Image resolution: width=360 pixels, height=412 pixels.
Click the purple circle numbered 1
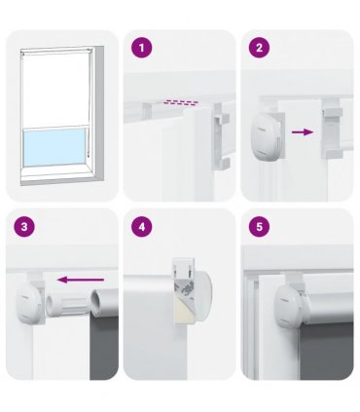tap(141, 48)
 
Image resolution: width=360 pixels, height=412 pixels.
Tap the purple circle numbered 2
tap(259, 48)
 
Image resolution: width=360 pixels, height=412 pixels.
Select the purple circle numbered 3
tap(24, 227)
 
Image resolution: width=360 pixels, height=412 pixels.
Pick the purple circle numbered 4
tap(141, 227)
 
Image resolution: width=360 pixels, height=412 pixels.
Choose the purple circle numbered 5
tap(259, 227)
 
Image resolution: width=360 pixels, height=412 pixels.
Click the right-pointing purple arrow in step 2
tap(303, 132)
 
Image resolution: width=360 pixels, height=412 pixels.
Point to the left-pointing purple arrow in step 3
tap(81, 280)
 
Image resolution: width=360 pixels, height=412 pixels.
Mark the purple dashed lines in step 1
tap(181, 102)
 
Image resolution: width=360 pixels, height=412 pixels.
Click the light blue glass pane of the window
tap(55, 147)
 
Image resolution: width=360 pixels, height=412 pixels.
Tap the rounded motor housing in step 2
tap(266, 137)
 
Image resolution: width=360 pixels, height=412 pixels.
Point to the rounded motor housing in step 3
tap(30, 302)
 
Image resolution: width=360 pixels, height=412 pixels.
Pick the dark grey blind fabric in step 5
tap(326, 351)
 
